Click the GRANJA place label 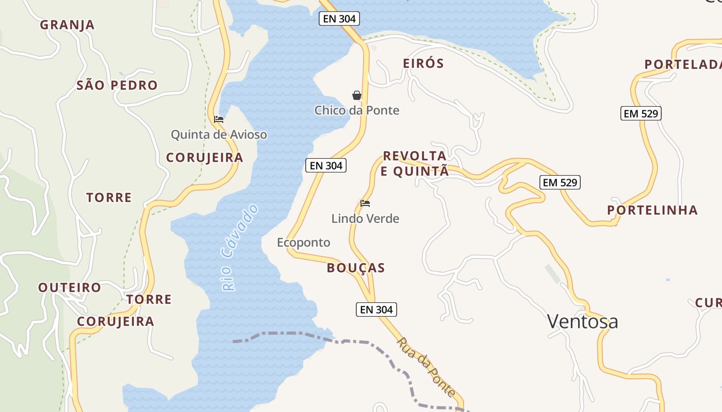pos(67,25)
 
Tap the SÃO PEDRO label pos(117,85)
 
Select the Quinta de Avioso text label pos(219,135)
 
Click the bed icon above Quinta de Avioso pos(219,119)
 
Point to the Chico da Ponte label pos(357,110)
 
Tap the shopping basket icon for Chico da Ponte pos(356,95)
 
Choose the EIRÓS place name pos(423,63)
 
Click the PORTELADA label pos(682,64)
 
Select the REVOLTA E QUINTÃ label pos(415,164)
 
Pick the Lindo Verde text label pos(365,219)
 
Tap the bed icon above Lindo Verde pos(365,203)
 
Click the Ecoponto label pos(304,243)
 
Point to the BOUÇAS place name pos(356,268)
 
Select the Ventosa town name pos(582,322)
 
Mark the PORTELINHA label pos(652,210)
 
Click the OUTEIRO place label pos(70,287)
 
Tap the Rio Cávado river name pos(240,247)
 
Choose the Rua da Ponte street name pos(426,367)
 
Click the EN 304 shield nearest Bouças pos(376,310)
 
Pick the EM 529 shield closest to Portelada pos(641,114)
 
